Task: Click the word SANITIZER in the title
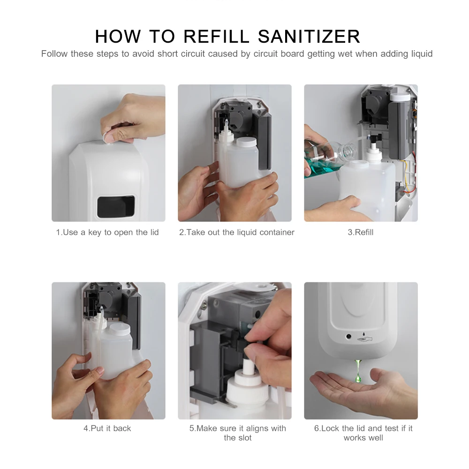coord(309,37)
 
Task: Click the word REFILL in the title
coord(216,37)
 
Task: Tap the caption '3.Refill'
coord(360,233)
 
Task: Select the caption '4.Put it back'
coord(107,428)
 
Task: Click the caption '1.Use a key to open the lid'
coord(107,233)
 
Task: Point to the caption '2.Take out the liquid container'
coord(236,233)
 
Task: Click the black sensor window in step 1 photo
coord(116,206)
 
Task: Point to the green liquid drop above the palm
coord(358,371)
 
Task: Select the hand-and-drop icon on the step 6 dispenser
coord(364,338)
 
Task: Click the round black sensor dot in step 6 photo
coord(348,336)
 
